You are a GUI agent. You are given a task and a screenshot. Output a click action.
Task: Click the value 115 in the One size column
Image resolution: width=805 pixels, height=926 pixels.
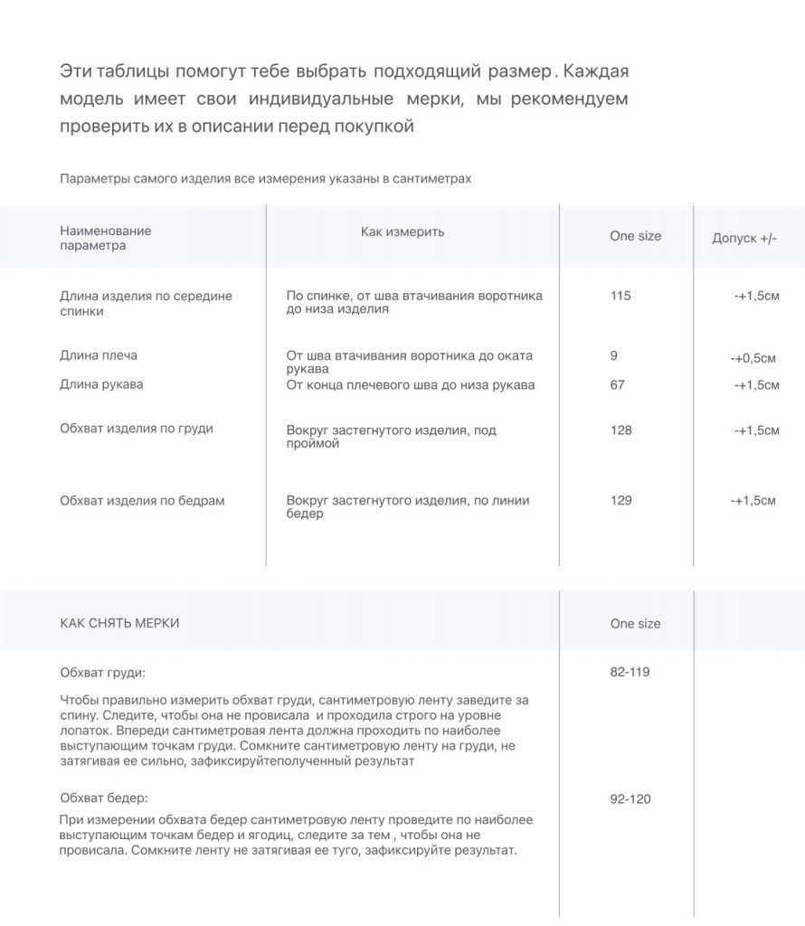tap(620, 296)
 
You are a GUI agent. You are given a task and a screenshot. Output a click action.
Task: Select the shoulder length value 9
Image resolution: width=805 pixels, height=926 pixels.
tap(614, 355)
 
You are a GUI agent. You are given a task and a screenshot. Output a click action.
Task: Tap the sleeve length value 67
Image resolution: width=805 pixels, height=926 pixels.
tap(618, 384)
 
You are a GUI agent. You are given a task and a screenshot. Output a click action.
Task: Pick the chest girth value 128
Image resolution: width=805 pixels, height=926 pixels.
tap(621, 430)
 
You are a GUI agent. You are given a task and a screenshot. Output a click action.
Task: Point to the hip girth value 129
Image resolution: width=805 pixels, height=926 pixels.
tap(621, 500)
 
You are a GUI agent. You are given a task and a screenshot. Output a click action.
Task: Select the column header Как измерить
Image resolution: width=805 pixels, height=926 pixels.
tap(402, 231)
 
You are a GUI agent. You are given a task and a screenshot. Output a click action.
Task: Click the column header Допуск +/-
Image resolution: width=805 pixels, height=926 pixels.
tap(744, 238)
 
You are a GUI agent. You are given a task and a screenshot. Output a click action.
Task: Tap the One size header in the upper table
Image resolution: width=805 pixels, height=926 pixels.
tap(635, 236)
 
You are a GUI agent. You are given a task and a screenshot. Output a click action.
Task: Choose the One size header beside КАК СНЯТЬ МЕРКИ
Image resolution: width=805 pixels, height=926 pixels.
tap(635, 623)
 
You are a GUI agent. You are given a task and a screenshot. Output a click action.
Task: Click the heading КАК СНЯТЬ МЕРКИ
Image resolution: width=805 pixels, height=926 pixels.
tap(119, 623)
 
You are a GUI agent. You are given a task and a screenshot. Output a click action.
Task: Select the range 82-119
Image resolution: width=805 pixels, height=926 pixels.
tap(630, 672)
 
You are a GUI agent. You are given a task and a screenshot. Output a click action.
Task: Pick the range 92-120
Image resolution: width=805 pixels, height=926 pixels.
tap(630, 798)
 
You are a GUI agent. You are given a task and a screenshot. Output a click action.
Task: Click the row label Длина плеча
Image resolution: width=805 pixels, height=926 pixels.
tap(99, 355)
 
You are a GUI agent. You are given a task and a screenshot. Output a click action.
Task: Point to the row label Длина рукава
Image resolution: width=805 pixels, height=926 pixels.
tap(101, 384)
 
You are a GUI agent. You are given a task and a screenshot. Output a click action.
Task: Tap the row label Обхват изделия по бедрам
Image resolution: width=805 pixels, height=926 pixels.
tap(142, 500)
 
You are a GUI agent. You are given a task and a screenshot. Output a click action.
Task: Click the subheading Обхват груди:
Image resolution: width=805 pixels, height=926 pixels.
tap(102, 673)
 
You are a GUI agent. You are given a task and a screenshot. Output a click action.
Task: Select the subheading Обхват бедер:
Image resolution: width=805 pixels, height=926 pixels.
tap(104, 798)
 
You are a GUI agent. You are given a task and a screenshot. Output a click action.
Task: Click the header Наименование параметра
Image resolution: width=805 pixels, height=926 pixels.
tap(105, 238)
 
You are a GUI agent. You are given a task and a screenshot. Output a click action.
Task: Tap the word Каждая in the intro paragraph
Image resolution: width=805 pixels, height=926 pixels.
tap(596, 71)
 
